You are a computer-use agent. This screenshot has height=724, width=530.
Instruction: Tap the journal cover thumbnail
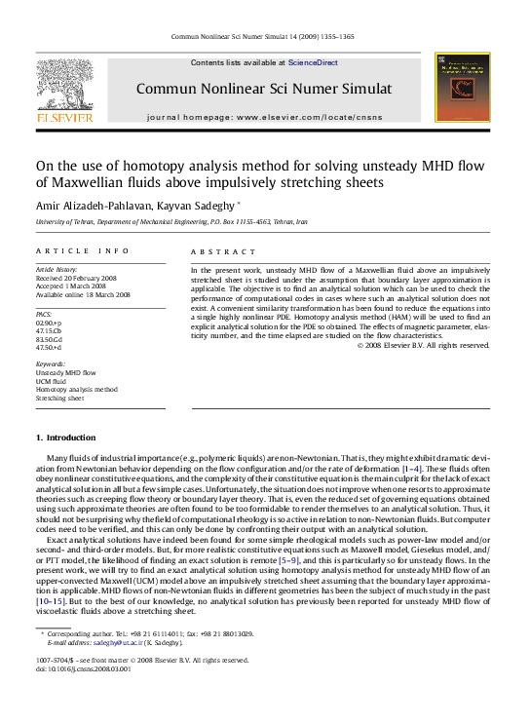[464, 88]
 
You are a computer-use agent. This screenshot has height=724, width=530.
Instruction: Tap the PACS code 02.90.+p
[49, 324]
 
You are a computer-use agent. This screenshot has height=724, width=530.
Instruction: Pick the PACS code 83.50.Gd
[49, 339]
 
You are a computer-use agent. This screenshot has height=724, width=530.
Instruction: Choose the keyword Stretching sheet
[60, 399]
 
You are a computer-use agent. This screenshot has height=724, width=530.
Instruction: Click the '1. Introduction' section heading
[65, 438]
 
